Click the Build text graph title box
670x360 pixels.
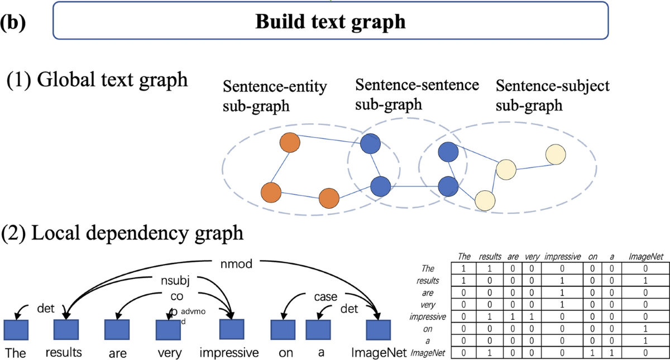pyautogui.click(x=330, y=21)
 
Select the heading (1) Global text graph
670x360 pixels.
pyautogui.click(x=97, y=80)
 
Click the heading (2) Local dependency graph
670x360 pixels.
pyautogui.click(x=123, y=232)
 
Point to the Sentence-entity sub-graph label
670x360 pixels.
pyautogui.click(x=274, y=97)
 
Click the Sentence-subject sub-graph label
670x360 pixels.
pyautogui.click(x=552, y=97)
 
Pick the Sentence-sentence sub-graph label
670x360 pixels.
pyautogui.click(x=417, y=94)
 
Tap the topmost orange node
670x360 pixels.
pyautogui.click(x=290, y=142)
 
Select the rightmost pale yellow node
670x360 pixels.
pyautogui.click(x=556, y=155)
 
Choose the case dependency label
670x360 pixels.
pyautogui.click(x=326, y=297)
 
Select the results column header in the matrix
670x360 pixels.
pyautogui.click(x=490, y=257)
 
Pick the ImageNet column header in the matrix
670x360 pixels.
pyautogui.click(x=646, y=257)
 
